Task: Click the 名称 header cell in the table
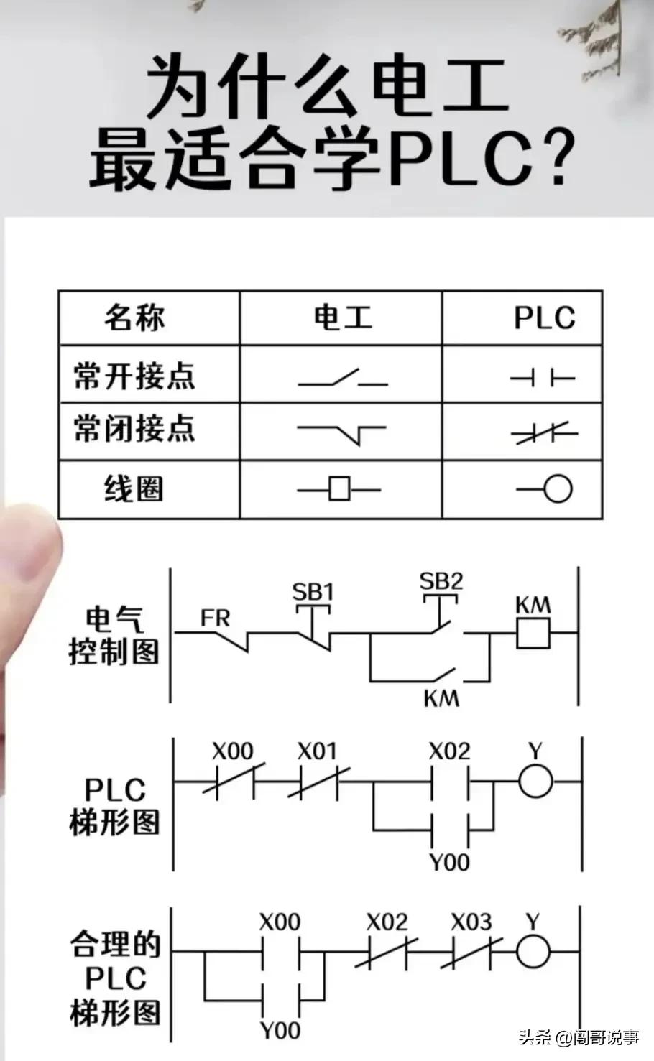click(134, 318)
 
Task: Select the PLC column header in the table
click(544, 318)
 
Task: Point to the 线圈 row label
click(134, 489)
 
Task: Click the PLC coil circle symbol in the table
click(557, 489)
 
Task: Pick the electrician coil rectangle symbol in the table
click(339, 489)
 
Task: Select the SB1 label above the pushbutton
click(313, 592)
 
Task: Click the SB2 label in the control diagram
click(441, 579)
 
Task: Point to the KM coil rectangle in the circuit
click(533, 634)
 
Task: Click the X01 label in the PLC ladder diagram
click(317, 751)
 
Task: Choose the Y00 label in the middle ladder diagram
click(449, 862)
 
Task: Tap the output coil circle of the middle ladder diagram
click(535, 781)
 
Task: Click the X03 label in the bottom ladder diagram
click(471, 922)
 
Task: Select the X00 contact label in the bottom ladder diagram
click(280, 922)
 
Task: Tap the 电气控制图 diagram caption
click(114, 636)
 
